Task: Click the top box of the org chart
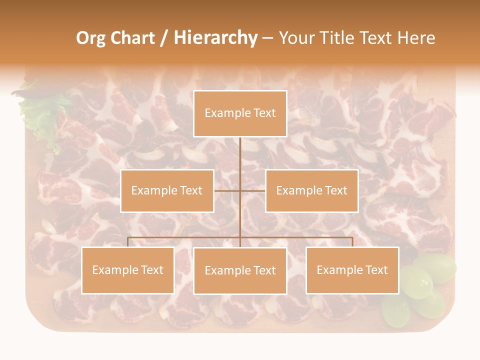pos(240,113)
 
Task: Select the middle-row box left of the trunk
pos(167,190)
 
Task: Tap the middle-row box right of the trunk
pos(311,190)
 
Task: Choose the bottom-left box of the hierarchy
pos(127,270)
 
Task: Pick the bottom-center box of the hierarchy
pos(240,270)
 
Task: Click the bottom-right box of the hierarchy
pos(352,270)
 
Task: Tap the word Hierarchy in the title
pos(215,38)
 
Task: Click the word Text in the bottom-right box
pos(376,270)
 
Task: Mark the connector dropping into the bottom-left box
pos(127,242)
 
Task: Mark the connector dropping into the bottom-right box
pos(352,242)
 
